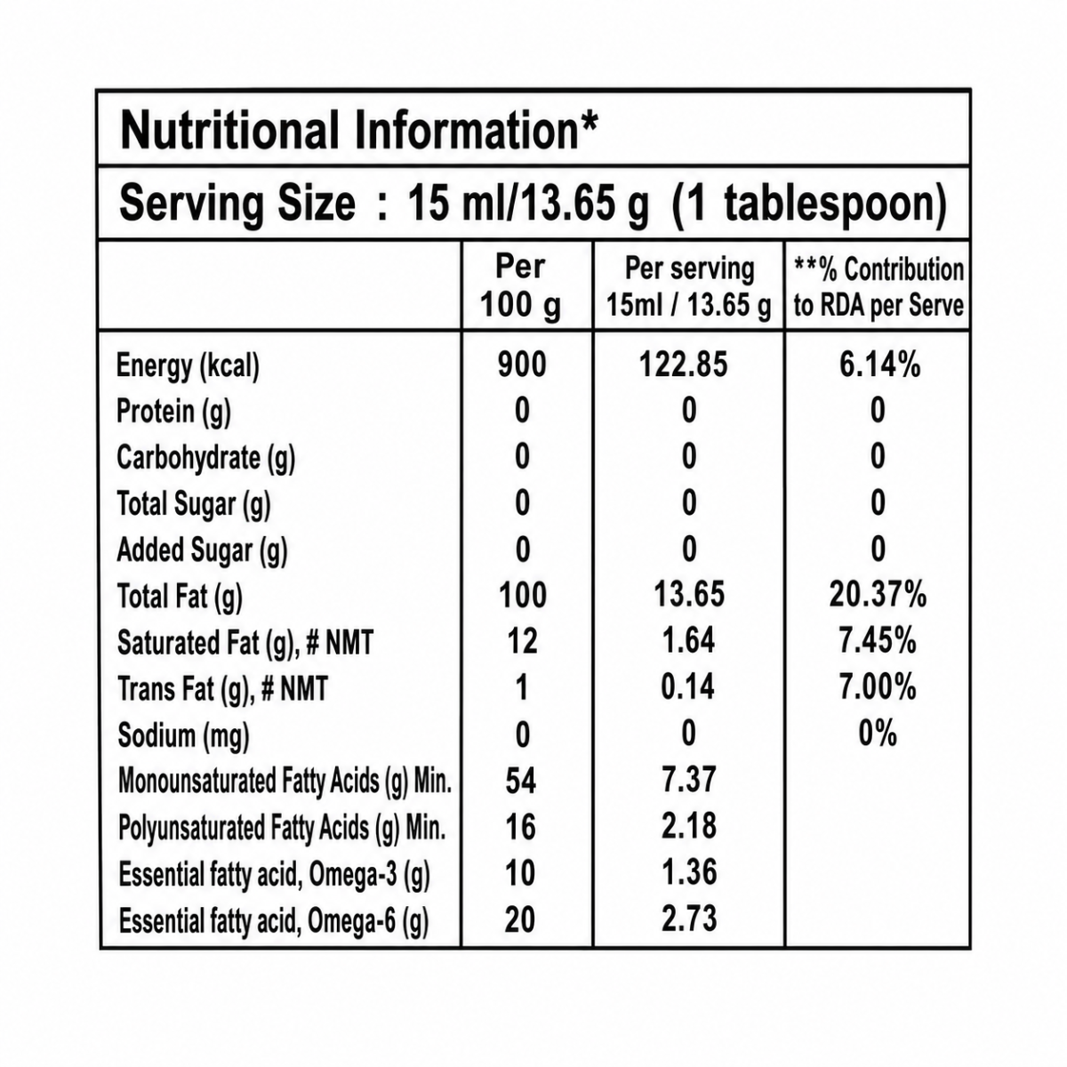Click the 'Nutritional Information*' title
pyautogui.click(x=359, y=130)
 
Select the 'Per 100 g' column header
pyautogui.click(x=520, y=286)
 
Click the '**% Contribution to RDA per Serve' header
pyautogui.click(x=878, y=287)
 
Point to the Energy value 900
pyautogui.click(x=522, y=365)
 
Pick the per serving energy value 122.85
pyautogui.click(x=683, y=365)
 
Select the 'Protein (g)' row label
pyautogui.click(x=173, y=413)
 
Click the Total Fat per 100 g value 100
pyautogui.click(x=523, y=595)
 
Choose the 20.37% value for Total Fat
pyautogui.click(x=878, y=595)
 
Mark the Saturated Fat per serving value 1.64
pyautogui.click(x=688, y=640)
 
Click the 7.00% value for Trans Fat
pyautogui.click(x=878, y=687)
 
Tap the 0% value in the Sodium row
pyautogui.click(x=878, y=734)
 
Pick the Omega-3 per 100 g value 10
pyautogui.click(x=520, y=873)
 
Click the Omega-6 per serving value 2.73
pyautogui.click(x=689, y=919)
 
